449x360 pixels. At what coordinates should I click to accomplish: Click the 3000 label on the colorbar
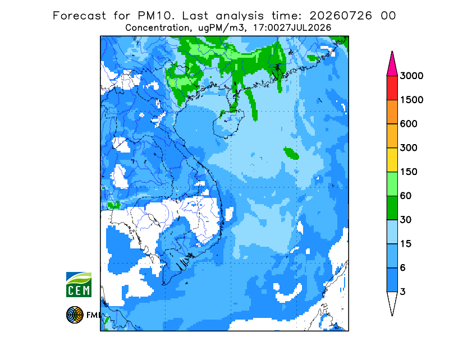(411, 76)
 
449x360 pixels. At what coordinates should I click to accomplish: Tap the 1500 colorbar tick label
(411, 100)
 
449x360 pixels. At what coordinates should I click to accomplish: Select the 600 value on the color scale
(409, 124)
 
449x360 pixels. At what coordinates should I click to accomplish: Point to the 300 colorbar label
(409, 148)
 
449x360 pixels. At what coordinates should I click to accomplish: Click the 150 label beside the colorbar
(409, 172)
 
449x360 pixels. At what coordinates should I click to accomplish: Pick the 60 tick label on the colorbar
(406, 196)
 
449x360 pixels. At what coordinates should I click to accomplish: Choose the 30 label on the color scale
(406, 220)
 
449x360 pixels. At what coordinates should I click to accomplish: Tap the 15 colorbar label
(406, 244)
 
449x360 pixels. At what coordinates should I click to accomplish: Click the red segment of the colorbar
(392, 88)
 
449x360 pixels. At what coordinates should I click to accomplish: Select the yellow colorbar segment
(392, 160)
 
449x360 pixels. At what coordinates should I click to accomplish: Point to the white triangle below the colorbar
(392, 302)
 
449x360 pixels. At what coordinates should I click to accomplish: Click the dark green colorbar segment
(392, 208)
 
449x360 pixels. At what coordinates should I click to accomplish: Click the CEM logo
(79, 284)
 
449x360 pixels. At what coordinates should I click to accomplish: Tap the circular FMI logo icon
(75, 315)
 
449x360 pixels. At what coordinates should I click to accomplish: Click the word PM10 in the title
(155, 16)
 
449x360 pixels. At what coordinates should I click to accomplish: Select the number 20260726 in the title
(341, 16)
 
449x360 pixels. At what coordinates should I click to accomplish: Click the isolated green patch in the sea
(291, 153)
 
